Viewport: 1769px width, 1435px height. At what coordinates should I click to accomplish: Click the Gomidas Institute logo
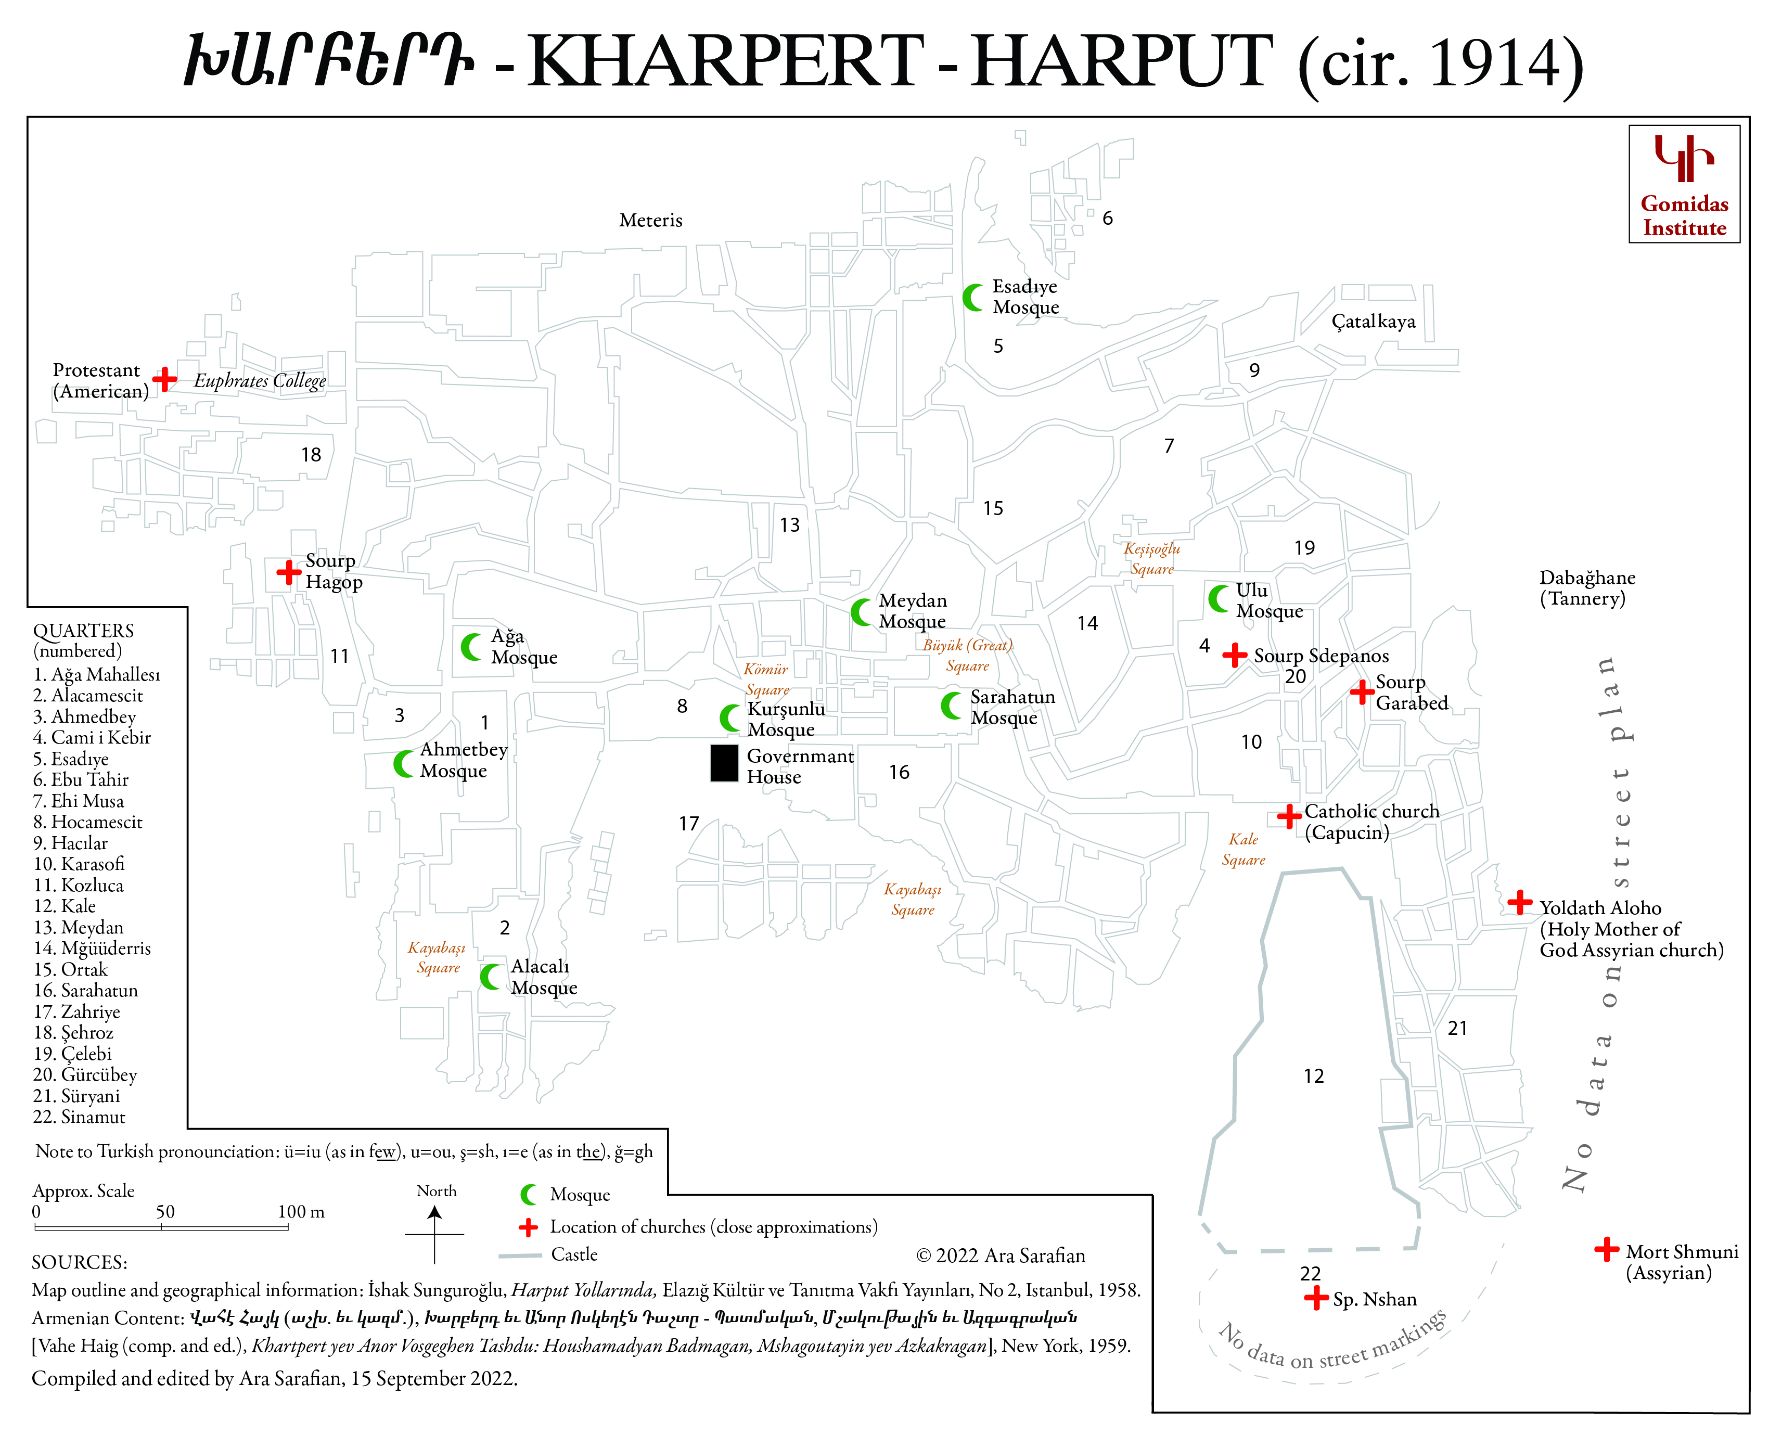pyautogui.click(x=1684, y=184)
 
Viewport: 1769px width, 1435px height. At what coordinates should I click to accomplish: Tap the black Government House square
pyautogui.click(x=724, y=763)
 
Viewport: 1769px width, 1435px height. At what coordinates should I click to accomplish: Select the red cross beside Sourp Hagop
pyautogui.click(x=288, y=571)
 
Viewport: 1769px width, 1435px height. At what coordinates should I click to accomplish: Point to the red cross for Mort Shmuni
pyautogui.click(x=1606, y=1249)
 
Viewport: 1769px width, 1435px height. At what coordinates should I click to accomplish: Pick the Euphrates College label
pyautogui.click(x=260, y=380)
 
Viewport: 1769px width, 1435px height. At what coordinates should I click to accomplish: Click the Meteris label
pyautogui.click(x=650, y=221)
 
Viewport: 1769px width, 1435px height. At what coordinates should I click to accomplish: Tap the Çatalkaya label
pyautogui.click(x=1373, y=322)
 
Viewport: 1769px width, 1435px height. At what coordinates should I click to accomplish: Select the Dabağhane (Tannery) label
pyautogui.click(x=1586, y=588)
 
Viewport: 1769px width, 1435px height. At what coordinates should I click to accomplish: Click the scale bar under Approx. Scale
pyautogui.click(x=161, y=1227)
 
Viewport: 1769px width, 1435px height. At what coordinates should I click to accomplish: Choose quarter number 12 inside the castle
pyautogui.click(x=1314, y=1076)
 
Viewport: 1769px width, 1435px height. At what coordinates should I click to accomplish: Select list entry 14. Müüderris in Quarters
pyautogui.click(x=92, y=948)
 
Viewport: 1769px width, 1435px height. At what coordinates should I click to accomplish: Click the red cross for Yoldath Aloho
pyautogui.click(x=1519, y=902)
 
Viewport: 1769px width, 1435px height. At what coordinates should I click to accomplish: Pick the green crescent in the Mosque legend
pyautogui.click(x=529, y=1195)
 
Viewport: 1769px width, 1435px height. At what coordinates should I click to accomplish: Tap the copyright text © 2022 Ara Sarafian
pyautogui.click(x=1000, y=1255)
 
